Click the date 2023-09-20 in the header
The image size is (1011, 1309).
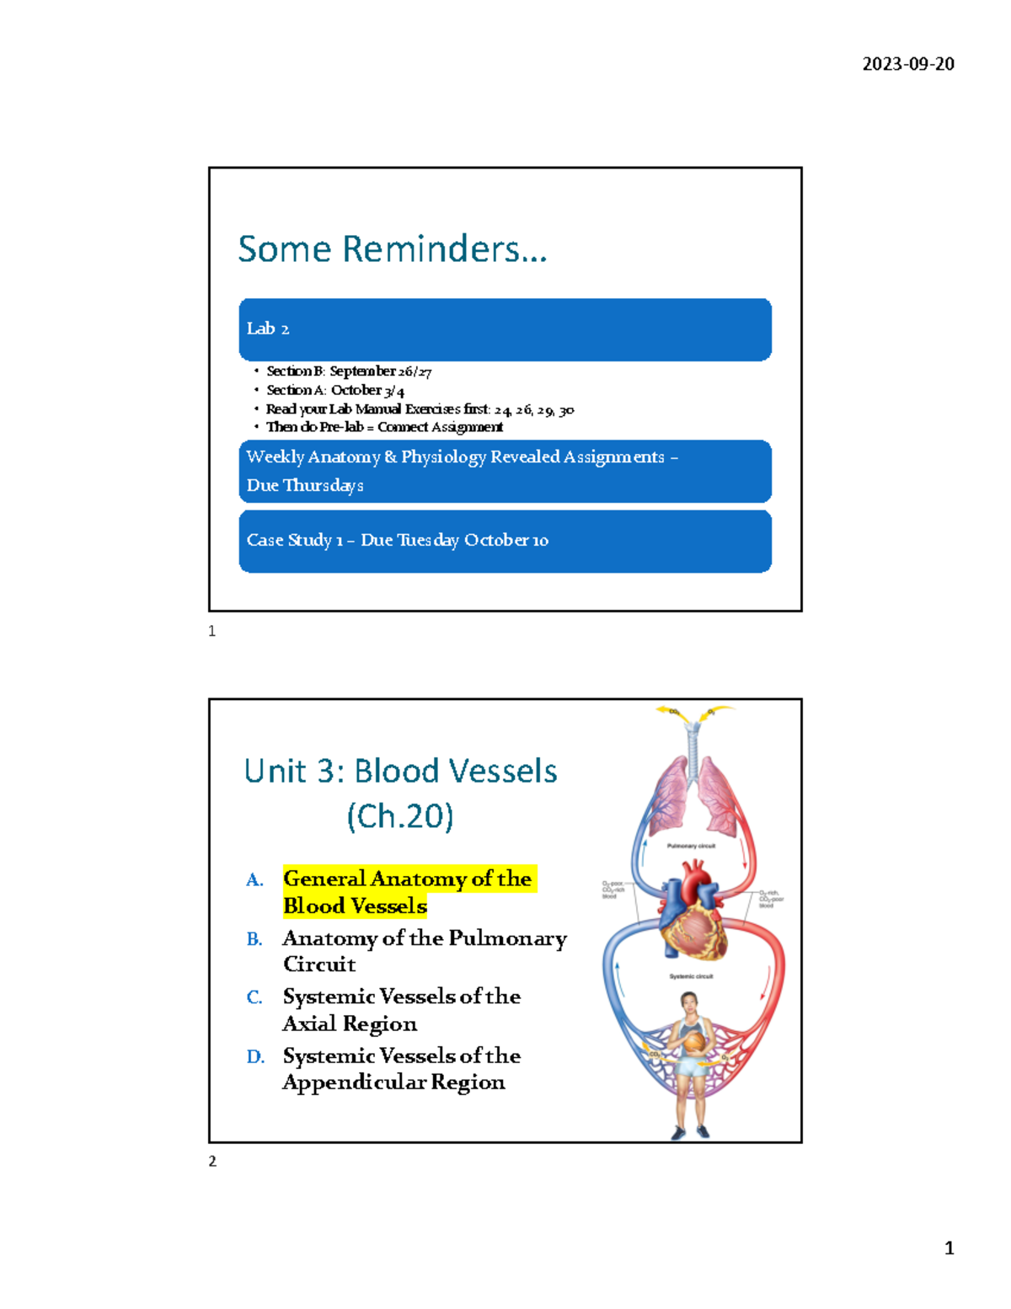click(x=907, y=64)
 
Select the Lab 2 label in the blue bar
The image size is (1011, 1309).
click(x=268, y=329)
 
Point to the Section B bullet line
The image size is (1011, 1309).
click(x=349, y=371)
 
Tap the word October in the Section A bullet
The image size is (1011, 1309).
click(x=356, y=390)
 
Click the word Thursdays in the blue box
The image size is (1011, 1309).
click(x=324, y=485)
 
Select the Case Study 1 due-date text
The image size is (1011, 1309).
click(x=397, y=540)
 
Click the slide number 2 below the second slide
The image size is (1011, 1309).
click(x=212, y=1161)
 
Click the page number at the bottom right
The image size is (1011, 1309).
click(x=949, y=1248)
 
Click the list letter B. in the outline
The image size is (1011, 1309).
click(x=254, y=939)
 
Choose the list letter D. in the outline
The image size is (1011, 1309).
click(x=255, y=1056)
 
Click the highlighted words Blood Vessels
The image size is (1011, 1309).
click(x=355, y=906)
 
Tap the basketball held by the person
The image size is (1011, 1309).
click(x=693, y=1043)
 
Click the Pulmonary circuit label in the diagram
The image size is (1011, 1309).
click(x=691, y=846)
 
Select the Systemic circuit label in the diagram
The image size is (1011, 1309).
click(x=691, y=976)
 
